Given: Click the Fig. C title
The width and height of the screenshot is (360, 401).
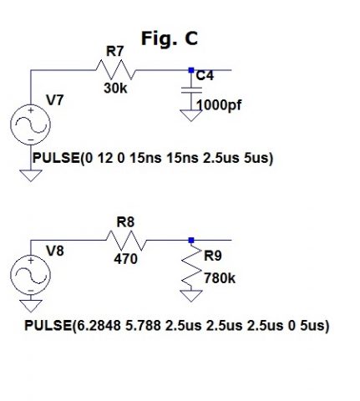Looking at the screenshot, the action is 170,38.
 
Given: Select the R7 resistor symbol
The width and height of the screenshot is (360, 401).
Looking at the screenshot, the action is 115,70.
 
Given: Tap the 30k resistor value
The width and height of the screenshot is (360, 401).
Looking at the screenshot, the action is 115,89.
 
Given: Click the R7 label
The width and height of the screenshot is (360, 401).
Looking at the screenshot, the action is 114,51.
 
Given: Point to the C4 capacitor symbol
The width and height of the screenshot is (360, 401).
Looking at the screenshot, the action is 191,89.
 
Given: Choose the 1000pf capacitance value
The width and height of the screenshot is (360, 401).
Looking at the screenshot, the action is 219,105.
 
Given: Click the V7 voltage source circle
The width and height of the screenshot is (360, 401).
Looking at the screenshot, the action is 30,124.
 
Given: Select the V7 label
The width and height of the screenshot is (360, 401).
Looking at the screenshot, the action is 55,100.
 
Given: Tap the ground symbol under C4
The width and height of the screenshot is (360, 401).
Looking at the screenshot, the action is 191,115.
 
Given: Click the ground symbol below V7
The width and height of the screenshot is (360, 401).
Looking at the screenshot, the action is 31,175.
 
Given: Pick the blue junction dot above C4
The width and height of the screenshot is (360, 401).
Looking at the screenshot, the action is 191,70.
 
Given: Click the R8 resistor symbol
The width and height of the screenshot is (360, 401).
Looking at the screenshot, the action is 126,240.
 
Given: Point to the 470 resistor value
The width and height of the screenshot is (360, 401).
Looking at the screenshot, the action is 125,259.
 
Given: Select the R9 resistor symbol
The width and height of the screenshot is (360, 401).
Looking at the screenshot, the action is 191,265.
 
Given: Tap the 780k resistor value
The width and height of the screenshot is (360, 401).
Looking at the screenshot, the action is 220,278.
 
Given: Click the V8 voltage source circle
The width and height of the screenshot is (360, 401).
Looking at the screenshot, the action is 30,275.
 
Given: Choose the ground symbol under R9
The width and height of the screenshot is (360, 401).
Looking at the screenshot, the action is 191,296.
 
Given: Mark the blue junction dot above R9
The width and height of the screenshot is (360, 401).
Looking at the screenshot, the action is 191,240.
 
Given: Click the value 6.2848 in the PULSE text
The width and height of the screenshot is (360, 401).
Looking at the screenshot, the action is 99,325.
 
